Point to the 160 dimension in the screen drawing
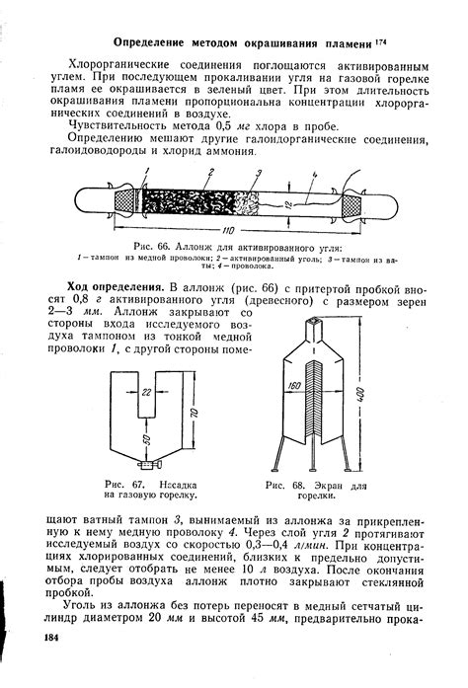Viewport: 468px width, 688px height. point(293,387)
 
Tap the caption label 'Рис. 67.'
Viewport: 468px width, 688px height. point(123,486)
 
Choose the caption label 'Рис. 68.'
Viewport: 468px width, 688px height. point(285,487)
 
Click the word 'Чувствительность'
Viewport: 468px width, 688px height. point(120,125)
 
